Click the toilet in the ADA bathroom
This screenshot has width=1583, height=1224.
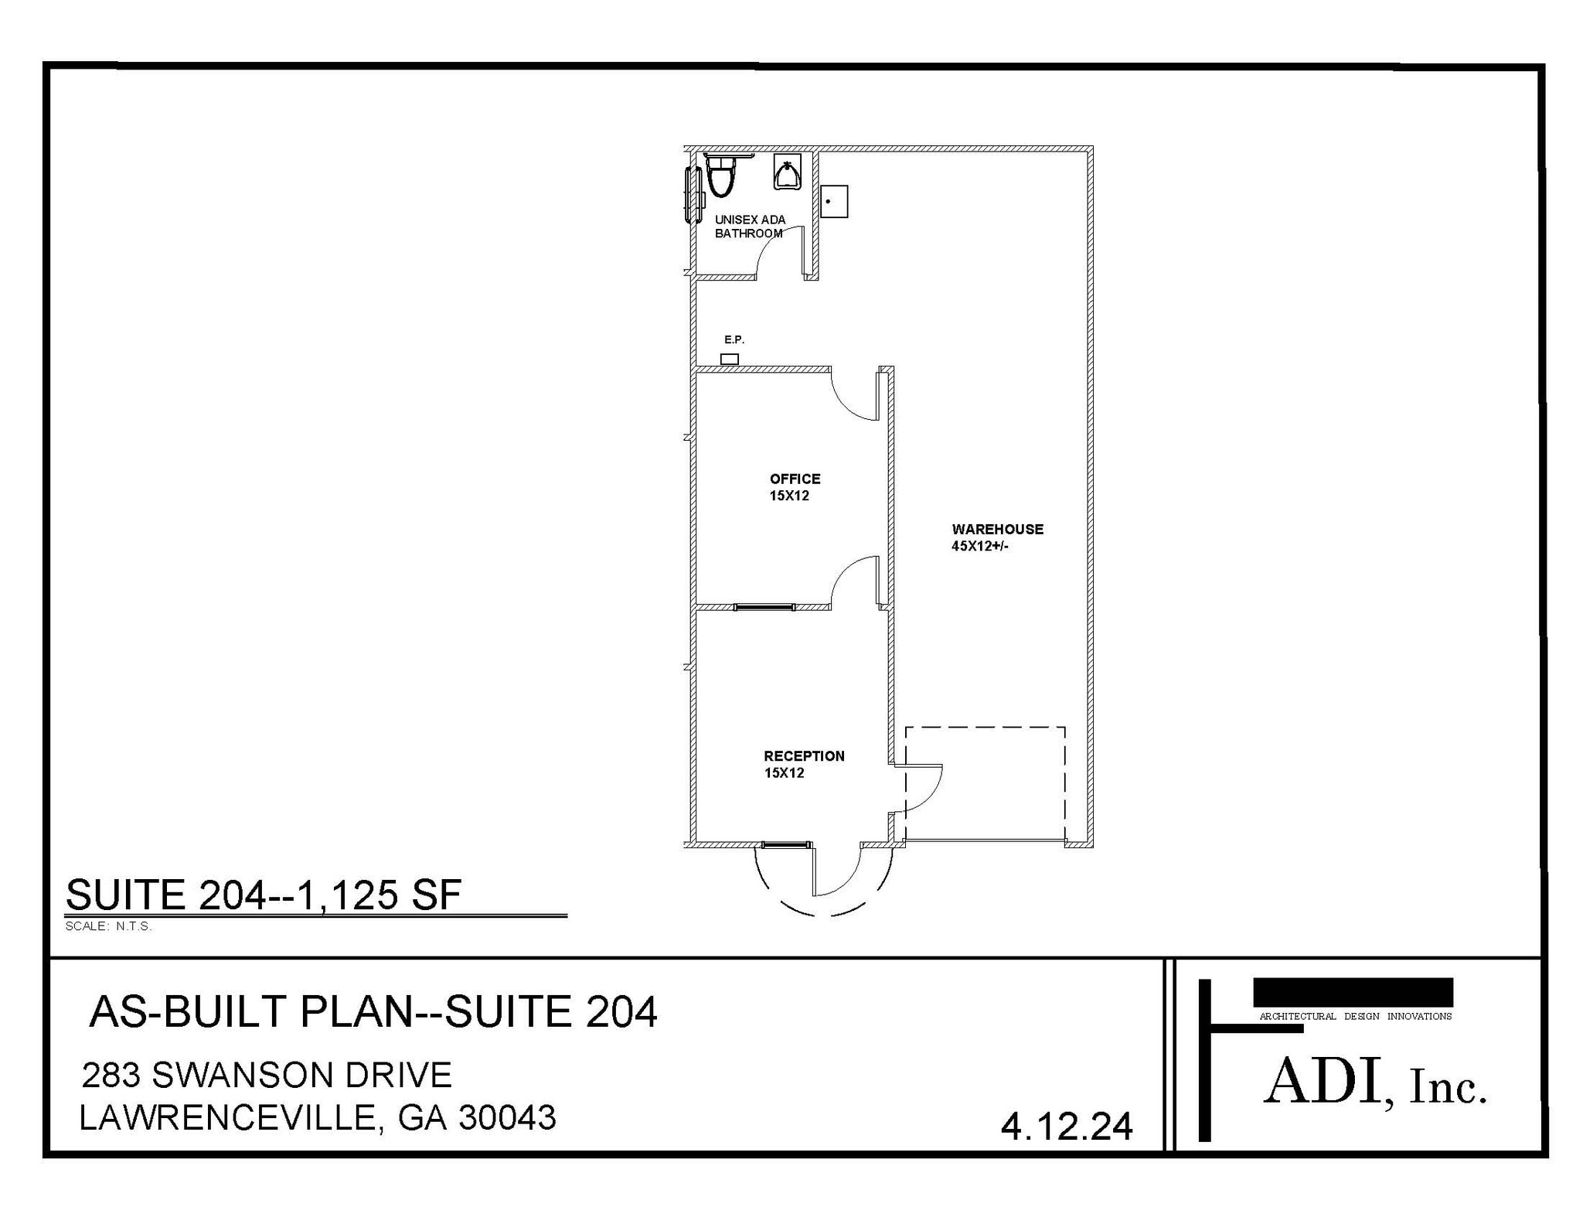pos(720,176)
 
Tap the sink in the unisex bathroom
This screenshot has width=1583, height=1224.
pos(788,172)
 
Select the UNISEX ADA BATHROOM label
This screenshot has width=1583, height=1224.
pos(750,227)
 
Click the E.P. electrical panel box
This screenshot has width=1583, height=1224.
pos(729,359)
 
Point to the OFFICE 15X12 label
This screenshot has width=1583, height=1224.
pos(795,487)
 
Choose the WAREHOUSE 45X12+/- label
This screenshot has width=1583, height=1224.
pos(997,537)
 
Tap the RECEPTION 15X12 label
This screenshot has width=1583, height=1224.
pos(804,764)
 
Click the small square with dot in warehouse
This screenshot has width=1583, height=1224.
pos(834,201)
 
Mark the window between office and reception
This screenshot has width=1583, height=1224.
pos(764,607)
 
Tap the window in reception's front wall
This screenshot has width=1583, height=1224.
pos(787,844)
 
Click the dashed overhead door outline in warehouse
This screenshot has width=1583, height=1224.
pos(986,727)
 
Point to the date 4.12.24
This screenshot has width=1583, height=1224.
pos(1067,1126)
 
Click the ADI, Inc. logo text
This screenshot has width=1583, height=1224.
pos(1375,1083)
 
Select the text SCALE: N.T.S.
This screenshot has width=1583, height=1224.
pos(108,926)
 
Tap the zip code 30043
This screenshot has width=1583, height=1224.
pos(507,1117)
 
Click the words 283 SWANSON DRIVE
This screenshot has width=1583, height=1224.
pos(267,1075)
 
